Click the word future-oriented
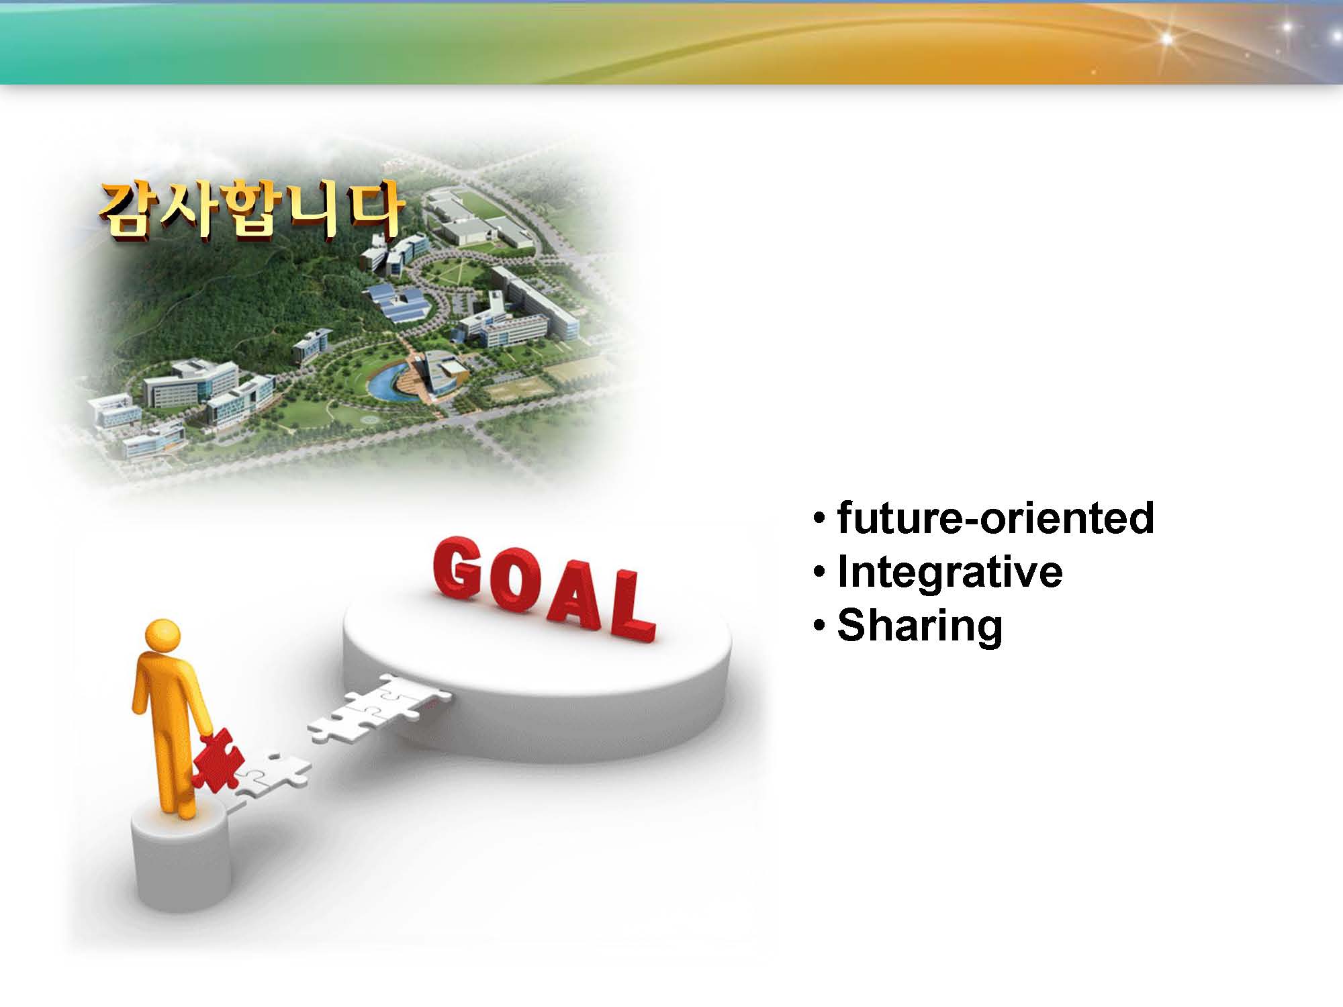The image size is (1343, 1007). (x=996, y=518)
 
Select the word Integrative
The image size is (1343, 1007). (x=950, y=572)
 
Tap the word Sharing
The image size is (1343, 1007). (x=920, y=626)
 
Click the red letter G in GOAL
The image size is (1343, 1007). (x=457, y=567)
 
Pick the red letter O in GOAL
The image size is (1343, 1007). (x=514, y=582)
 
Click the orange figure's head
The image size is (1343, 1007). (x=163, y=636)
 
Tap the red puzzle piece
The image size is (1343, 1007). (x=214, y=763)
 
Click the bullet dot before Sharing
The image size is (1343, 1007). (x=818, y=626)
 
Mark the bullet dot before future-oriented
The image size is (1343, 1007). (x=818, y=518)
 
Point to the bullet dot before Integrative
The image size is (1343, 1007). (x=818, y=572)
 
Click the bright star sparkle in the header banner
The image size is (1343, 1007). (x=1166, y=39)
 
